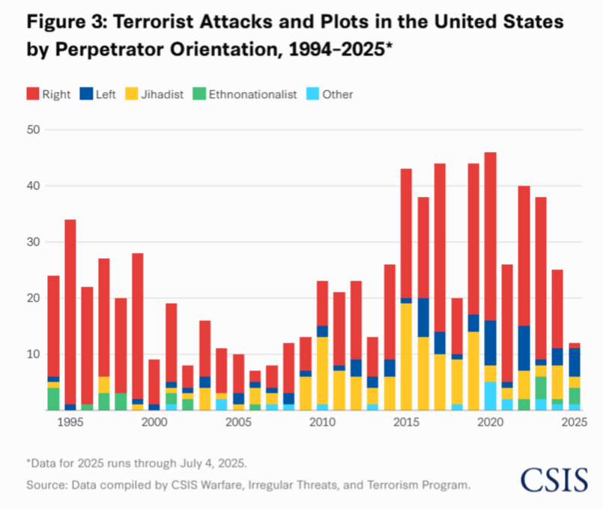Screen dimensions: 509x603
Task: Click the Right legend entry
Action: (49, 94)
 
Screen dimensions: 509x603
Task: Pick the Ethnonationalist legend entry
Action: (245, 94)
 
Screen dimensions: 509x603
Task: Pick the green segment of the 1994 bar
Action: (54, 398)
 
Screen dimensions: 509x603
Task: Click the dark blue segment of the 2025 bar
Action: (575, 362)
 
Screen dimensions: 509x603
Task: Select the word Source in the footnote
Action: (45, 485)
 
